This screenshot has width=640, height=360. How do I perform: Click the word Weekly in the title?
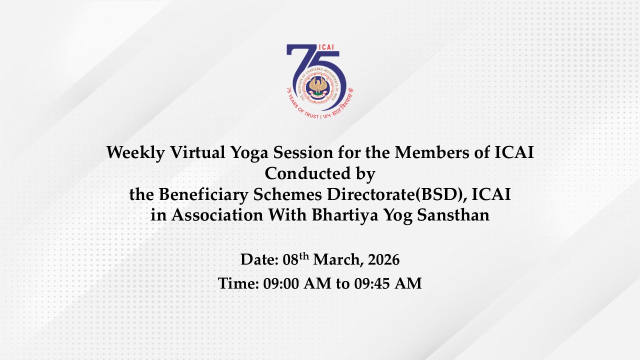tap(135, 152)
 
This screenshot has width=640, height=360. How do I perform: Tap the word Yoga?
tap(249, 153)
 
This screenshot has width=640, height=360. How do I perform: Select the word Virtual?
tap(197, 152)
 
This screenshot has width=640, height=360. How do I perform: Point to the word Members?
tap(432, 152)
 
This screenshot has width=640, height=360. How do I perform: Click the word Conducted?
tap(307, 173)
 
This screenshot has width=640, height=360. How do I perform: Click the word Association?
tap(217, 215)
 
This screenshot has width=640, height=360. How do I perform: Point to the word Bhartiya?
tap(345, 215)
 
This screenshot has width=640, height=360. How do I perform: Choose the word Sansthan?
tap(453, 215)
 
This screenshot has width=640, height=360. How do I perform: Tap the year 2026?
tap(383, 259)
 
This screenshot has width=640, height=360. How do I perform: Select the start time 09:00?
tap(281, 283)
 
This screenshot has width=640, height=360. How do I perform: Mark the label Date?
tap(259, 259)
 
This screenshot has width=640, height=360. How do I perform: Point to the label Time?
tap(238, 283)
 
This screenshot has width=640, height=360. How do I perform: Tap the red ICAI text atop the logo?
tap(326, 47)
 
